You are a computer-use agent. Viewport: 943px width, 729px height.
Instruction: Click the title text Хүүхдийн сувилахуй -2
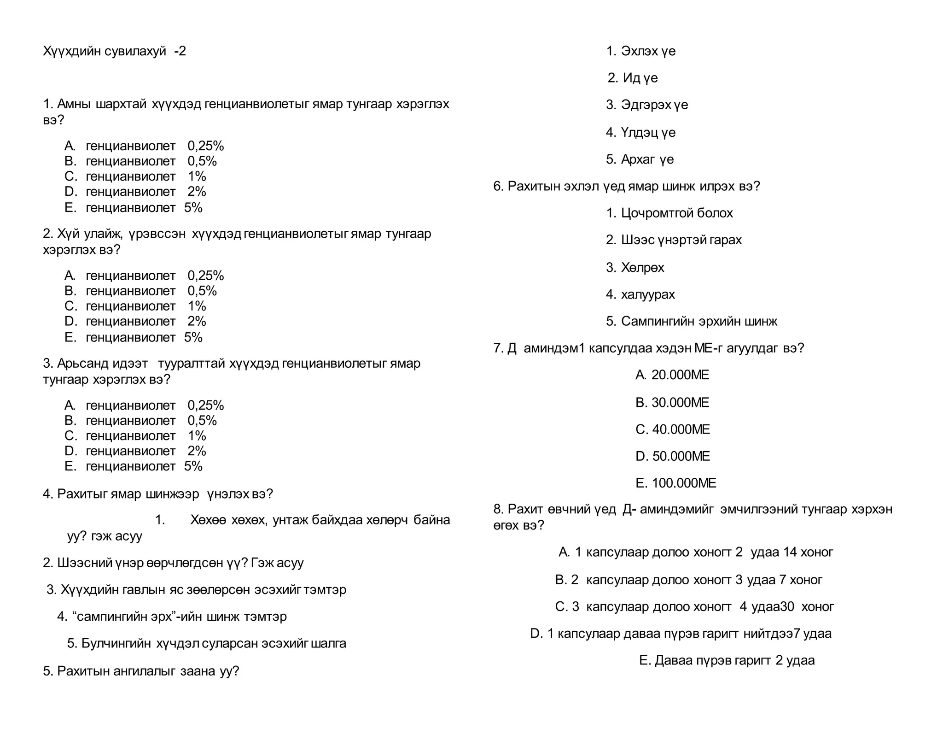(x=114, y=51)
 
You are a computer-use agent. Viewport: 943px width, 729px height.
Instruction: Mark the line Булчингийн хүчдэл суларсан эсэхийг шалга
(x=206, y=643)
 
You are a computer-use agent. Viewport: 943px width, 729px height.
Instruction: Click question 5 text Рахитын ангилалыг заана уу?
(x=141, y=671)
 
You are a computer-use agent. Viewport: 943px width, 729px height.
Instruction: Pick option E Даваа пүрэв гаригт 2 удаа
(x=727, y=660)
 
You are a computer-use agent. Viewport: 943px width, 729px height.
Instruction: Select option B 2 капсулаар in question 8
(x=688, y=580)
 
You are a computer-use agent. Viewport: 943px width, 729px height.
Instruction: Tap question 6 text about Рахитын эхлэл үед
(x=627, y=186)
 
